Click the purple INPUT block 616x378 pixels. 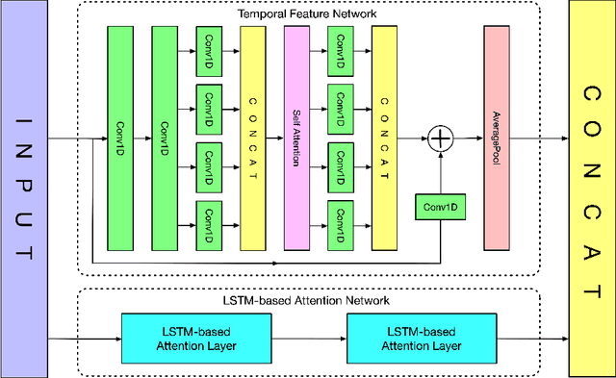[x=23, y=188]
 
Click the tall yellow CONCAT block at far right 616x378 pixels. [x=590, y=188]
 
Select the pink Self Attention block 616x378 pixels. [x=296, y=138]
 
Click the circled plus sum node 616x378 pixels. [x=440, y=139]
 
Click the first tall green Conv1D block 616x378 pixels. [x=120, y=138]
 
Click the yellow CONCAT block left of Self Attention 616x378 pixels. [x=253, y=138]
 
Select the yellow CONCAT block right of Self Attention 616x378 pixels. [x=384, y=138]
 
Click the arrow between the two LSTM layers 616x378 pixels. [x=293, y=338]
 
